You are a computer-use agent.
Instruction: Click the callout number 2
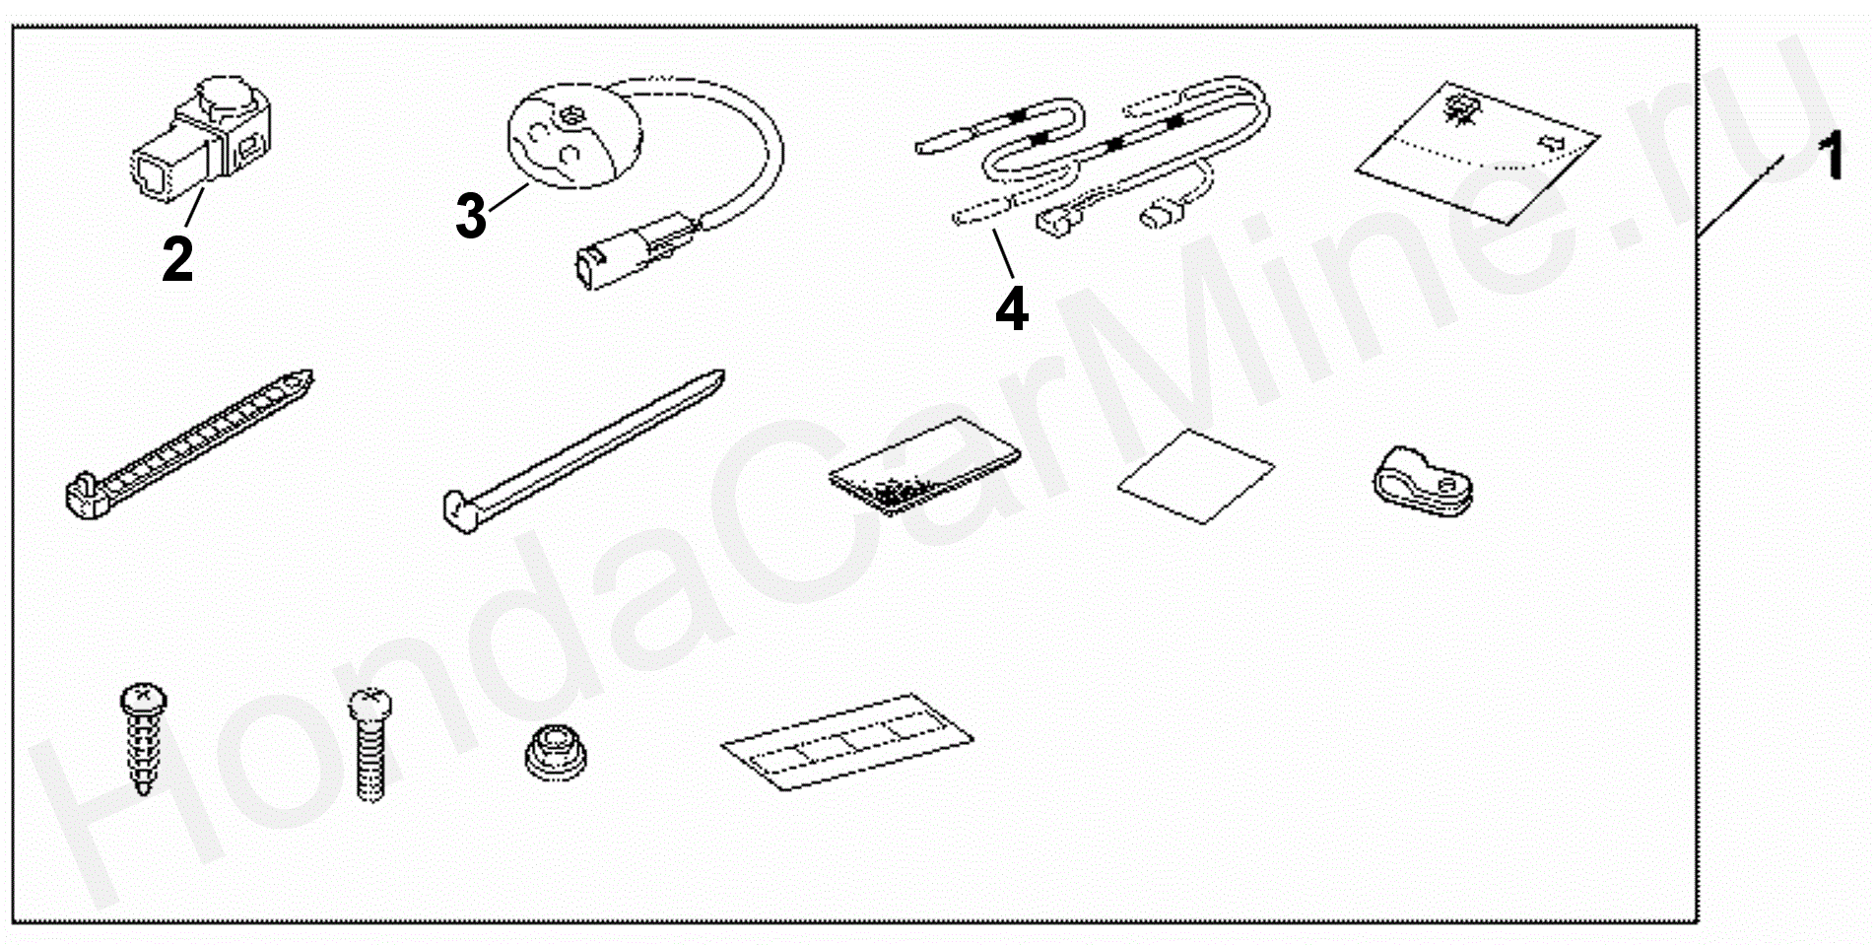[177, 258]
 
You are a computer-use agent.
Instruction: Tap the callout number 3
[471, 216]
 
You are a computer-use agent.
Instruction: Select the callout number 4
[1012, 307]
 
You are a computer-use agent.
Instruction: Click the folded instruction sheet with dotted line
[1476, 154]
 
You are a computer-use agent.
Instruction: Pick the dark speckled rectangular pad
[923, 464]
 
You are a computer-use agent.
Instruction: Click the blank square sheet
[1195, 475]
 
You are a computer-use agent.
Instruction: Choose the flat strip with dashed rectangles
[847, 740]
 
